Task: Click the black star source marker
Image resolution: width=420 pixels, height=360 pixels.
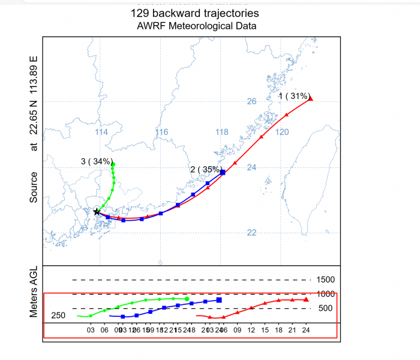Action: pyautogui.click(x=97, y=212)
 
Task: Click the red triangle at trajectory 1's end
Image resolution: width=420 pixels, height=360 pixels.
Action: pyautogui.click(x=311, y=99)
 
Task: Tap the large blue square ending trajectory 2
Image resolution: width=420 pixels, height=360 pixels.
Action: pyautogui.click(x=223, y=172)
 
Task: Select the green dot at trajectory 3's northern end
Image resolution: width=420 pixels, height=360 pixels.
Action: pyautogui.click(x=113, y=164)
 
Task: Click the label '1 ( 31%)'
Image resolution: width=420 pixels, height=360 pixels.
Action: pyautogui.click(x=293, y=96)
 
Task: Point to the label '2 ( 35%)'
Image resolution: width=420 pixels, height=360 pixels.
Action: pyautogui.click(x=206, y=169)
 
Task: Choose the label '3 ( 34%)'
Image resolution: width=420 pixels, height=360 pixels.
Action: pyautogui.click(x=96, y=161)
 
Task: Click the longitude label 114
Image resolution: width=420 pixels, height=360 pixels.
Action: pyautogui.click(x=102, y=132)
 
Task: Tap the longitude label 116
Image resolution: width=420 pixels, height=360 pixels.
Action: pyautogui.click(x=161, y=132)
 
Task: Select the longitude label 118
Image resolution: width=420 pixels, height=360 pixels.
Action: pyautogui.click(x=222, y=132)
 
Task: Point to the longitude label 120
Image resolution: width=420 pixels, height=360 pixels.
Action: pyautogui.click(x=283, y=132)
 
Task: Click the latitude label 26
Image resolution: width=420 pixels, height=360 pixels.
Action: pyautogui.click(x=252, y=101)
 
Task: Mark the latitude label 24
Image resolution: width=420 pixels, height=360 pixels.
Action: pyautogui.click(x=252, y=167)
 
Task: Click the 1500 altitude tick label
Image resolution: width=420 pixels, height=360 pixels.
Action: pyautogui.click(x=326, y=280)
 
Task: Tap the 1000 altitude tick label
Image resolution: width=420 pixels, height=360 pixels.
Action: pyautogui.click(x=326, y=294)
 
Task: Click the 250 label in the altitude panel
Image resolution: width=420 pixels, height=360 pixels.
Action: pyautogui.click(x=58, y=316)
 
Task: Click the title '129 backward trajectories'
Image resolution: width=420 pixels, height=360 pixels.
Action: pyautogui.click(x=195, y=13)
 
